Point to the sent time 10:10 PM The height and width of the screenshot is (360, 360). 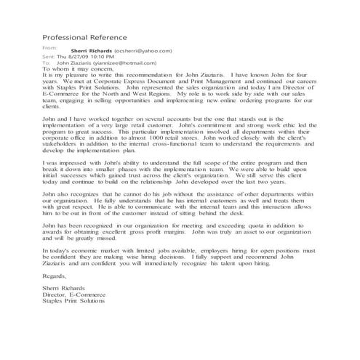103,57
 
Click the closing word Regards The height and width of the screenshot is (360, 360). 56,276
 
